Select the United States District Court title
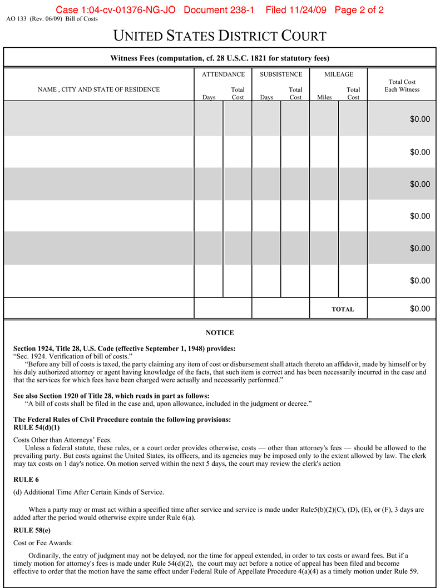point(220,37)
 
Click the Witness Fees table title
point(220,58)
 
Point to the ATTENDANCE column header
point(223,74)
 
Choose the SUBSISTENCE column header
point(281,74)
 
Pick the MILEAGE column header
point(339,74)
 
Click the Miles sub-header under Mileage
point(324,97)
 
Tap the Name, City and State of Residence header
point(98,89)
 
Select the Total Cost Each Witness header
point(402,86)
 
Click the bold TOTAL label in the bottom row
point(343,310)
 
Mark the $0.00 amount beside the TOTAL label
point(420,309)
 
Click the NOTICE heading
point(220,333)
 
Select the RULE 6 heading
point(26,479)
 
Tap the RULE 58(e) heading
point(31,530)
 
